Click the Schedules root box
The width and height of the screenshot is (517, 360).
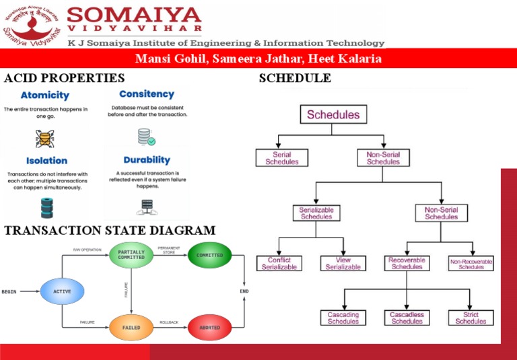pos(333,114)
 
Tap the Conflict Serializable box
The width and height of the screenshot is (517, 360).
pos(279,263)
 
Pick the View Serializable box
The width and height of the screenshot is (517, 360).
pos(343,263)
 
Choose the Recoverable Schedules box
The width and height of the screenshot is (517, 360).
pos(406,263)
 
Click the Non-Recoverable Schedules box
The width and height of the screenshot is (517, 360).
pos(471,263)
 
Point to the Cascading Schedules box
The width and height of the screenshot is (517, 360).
pos(343,318)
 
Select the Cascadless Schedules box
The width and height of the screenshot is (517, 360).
pos(407,318)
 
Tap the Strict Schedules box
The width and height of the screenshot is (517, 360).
pos(471,318)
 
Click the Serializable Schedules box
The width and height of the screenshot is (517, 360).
pos(316,213)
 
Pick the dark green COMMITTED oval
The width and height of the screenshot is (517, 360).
pos(209,255)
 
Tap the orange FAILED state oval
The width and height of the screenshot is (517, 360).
pos(131,327)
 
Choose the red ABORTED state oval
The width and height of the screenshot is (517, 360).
pos(209,327)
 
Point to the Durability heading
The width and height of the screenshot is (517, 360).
pos(147,160)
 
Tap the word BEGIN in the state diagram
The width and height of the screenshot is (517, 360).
pos(9,291)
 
